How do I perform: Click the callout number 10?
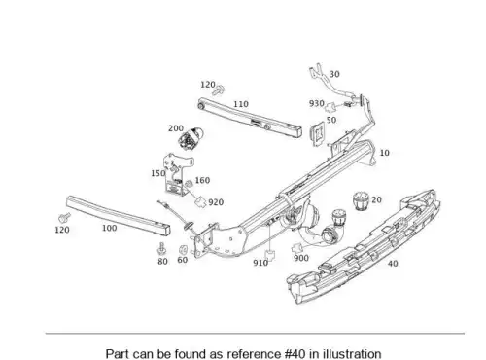tap(384, 153)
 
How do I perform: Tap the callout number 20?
tap(376, 199)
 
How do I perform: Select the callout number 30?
tap(334, 74)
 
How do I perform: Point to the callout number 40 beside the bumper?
tap(393, 264)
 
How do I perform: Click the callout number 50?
tap(331, 120)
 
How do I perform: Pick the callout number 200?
tap(176, 128)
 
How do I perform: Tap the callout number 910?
tap(260, 263)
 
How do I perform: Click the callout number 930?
tap(317, 103)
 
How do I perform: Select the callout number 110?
tap(241, 104)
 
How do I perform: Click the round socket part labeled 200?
tap(191, 138)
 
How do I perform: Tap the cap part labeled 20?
tap(361, 201)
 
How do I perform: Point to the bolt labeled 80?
tap(161, 249)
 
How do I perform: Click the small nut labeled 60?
tap(183, 250)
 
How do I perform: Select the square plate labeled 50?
tap(318, 134)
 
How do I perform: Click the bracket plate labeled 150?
tap(177, 175)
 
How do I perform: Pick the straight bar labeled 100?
tap(119, 215)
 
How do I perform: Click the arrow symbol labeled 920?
tap(200, 201)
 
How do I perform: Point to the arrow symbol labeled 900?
tap(297, 249)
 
